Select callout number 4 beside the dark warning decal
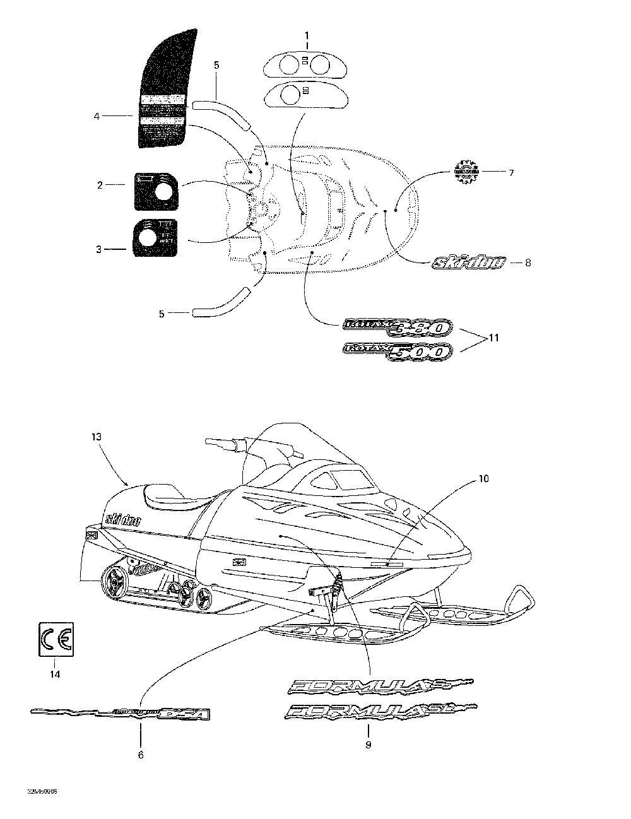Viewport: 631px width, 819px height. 97,116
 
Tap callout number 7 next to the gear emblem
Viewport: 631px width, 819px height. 511,172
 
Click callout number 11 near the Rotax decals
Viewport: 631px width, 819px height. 494,338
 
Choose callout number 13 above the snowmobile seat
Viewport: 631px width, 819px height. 96,437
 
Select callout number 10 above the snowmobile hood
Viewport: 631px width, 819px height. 483,479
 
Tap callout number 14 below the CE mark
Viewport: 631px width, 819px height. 55,675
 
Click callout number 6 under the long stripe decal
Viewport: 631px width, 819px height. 140,755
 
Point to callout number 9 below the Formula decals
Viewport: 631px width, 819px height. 368,745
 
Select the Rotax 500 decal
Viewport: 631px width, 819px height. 397,351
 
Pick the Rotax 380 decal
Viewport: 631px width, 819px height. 397,326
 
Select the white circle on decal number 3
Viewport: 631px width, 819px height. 146,238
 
